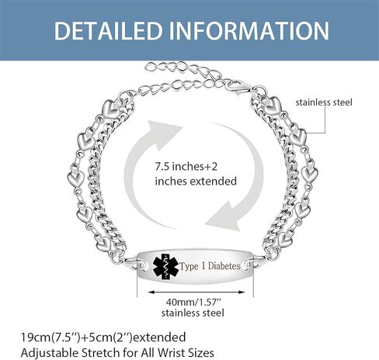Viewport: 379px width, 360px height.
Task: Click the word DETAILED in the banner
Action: [x=108, y=31]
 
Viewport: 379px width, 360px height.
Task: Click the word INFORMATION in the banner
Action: [x=249, y=31]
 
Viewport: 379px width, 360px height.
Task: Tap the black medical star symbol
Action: [x=165, y=267]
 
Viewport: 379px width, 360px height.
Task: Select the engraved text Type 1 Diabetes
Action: [x=210, y=266]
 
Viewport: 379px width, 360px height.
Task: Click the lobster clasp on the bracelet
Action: [x=236, y=87]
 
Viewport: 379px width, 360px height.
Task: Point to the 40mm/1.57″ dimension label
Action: [x=194, y=302]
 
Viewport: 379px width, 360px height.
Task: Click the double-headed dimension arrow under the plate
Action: [x=196, y=292]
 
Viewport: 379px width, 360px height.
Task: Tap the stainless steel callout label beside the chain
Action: [x=324, y=102]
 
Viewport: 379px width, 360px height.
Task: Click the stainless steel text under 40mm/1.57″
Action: [x=193, y=313]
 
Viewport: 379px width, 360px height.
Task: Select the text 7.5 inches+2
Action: [x=186, y=166]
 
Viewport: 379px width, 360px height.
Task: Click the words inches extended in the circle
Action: [x=196, y=181]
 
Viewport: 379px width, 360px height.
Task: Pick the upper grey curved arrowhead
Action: [x=164, y=133]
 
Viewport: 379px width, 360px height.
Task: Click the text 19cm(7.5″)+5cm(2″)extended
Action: [x=103, y=337]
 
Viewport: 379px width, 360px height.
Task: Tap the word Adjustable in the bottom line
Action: [x=50, y=353]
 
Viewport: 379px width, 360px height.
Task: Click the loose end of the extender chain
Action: [x=148, y=67]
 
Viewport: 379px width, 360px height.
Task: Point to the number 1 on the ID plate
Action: [x=203, y=265]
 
